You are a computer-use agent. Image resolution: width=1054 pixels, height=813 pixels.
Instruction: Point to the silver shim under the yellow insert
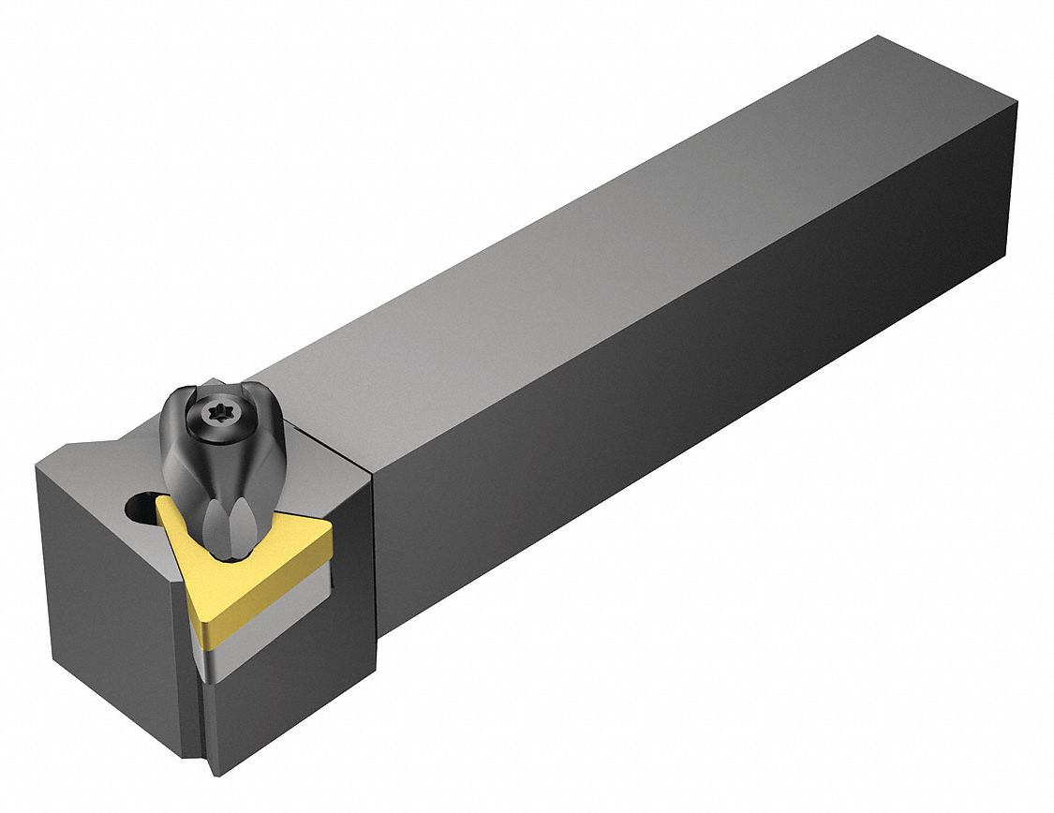(x=281, y=609)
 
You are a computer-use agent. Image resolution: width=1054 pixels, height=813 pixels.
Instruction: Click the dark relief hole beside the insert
(x=139, y=510)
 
